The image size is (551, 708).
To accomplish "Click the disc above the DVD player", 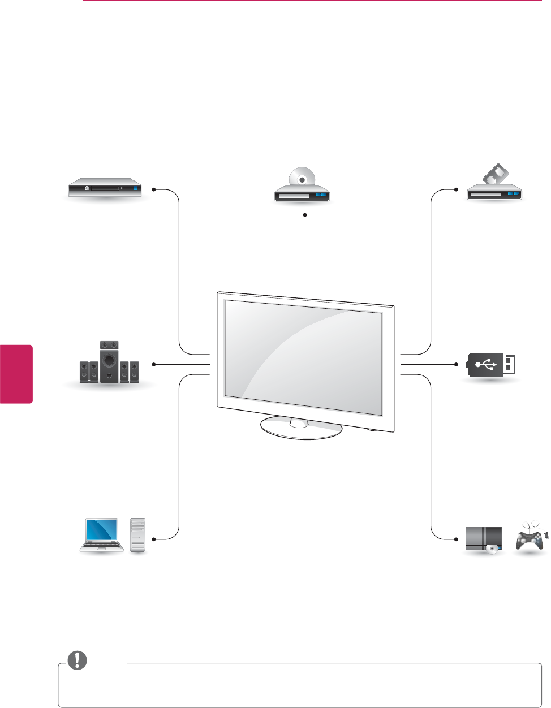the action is [x=302, y=178].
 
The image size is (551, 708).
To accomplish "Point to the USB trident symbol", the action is [x=486, y=364].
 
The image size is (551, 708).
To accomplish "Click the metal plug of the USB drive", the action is [x=509, y=364].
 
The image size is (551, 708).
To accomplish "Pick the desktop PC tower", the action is [x=137, y=534].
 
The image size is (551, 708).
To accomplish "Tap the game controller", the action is [x=528, y=538].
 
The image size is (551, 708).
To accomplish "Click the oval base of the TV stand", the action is [x=301, y=430].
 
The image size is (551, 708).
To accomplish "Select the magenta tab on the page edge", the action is [x=16, y=373].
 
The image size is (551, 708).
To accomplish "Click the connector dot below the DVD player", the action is [x=305, y=215].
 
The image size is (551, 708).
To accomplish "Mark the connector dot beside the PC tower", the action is [x=153, y=539].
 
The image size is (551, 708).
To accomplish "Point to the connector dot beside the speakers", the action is [x=153, y=365].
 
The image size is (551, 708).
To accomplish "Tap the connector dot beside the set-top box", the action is [x=153, y=189].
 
